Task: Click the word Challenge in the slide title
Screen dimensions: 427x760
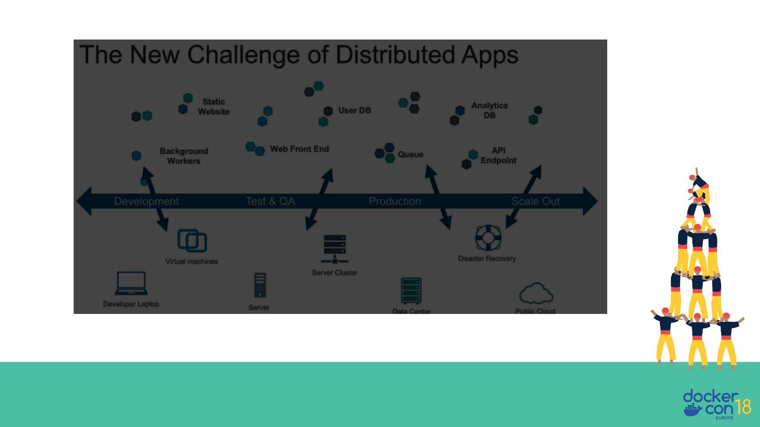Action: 243,55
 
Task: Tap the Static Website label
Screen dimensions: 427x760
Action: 213,107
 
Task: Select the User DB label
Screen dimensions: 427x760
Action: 354,111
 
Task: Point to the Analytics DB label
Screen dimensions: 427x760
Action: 489,110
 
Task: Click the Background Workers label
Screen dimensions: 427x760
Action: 184,156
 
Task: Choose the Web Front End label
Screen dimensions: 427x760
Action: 299,149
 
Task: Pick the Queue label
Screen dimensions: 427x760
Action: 410,155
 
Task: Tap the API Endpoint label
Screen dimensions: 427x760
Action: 498,155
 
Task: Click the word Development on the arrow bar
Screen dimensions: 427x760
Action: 146,201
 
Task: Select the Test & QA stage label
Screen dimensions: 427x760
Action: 270,201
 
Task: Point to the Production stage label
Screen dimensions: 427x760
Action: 395,201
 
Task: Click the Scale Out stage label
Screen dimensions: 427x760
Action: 536,201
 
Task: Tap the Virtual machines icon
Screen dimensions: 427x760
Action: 192,240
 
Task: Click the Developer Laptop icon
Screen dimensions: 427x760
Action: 131,283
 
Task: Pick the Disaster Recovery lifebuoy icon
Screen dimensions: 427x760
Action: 488,238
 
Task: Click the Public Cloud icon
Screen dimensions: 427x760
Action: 536,293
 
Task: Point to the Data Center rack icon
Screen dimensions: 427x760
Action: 411,291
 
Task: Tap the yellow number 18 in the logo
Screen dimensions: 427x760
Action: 743,407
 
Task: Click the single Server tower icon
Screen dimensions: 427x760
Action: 260,285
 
